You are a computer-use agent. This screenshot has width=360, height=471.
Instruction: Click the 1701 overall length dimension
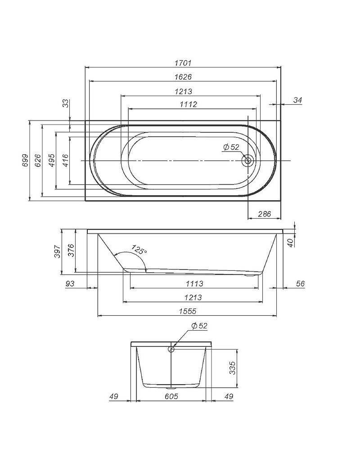[x=183, y=63]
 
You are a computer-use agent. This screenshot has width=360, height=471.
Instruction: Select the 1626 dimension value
[x=183, y=77]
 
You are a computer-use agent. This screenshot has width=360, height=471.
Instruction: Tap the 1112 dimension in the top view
[x=189, y=104]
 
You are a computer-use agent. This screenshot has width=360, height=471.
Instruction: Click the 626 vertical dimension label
[x=37, y=160]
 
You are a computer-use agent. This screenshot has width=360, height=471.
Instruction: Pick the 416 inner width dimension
[x=65, y=160]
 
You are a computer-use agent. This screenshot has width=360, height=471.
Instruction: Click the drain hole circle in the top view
[x=248, y=161]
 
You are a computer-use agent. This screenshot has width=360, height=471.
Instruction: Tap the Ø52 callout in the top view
[x=231, y=147]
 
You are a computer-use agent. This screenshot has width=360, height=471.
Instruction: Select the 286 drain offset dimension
[x=265, y=214]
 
